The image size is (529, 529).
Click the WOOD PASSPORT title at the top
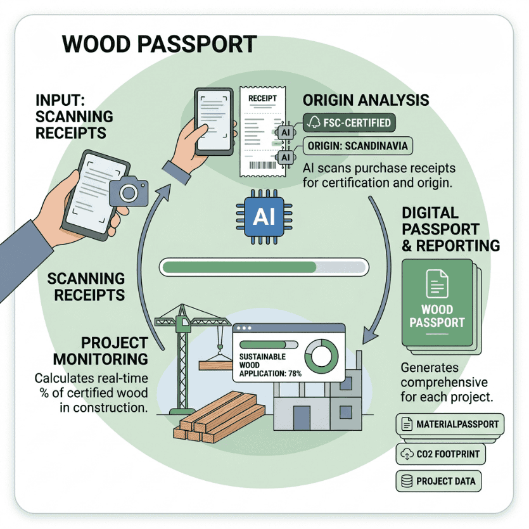click(159, 45)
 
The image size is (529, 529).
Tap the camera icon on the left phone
click(128, 191)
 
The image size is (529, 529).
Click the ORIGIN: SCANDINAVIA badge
click(356, 146)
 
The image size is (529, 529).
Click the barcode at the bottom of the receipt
click(264, 167)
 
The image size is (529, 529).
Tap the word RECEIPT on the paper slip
click(263, 99)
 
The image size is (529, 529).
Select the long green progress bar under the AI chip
click(264, 267)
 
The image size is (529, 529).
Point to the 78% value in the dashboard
click(291, 374)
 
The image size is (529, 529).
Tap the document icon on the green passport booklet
click(437, 283)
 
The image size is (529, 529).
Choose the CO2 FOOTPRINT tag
click(440, 454)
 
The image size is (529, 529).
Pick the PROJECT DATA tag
click(437, 481)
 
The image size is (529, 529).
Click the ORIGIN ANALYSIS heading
click(366, 100)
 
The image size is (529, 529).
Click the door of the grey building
click(301, 417)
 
